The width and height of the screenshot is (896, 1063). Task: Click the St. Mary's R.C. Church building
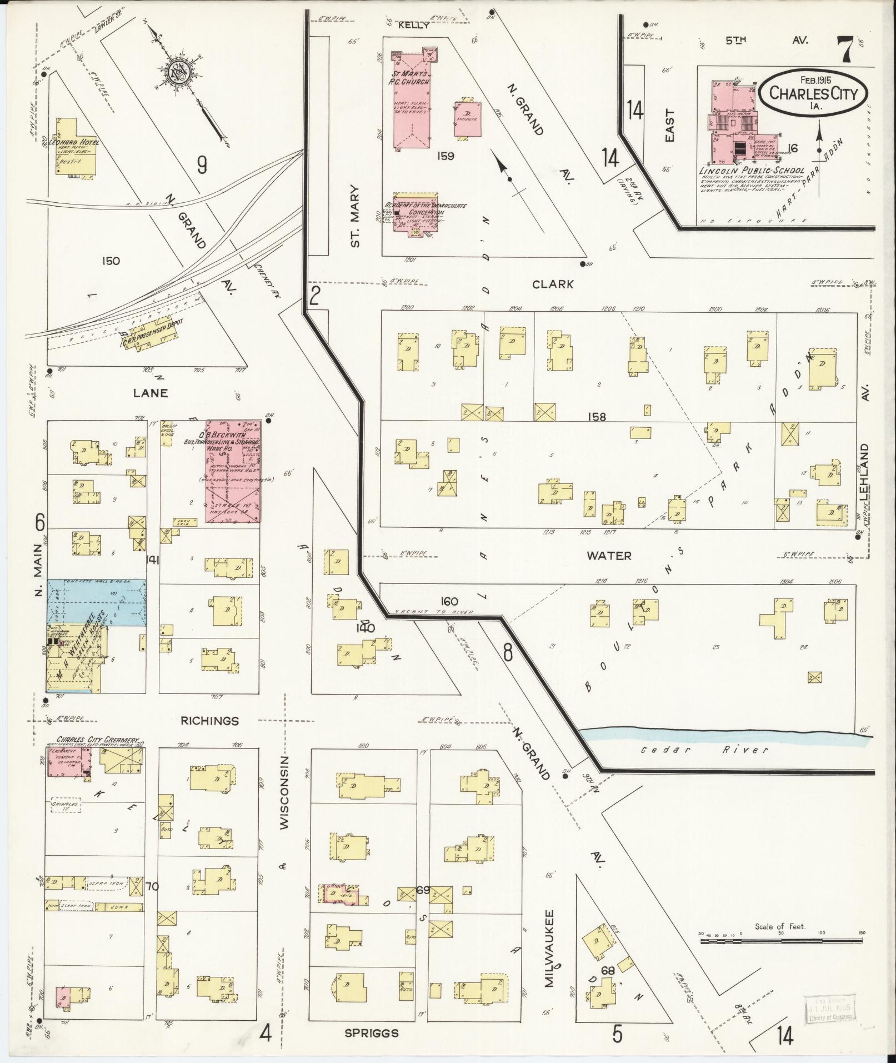pyautogui.click(x=411, y=100)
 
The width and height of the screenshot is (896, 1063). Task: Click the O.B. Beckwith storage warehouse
pyautogui.click(x=233, y=478)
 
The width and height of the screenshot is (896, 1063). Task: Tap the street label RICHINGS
pyautogui.click(x=209, y=721)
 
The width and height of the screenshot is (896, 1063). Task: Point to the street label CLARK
pyautogui.click(x=552, y=284)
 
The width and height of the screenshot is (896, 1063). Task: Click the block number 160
pyautogui.click(x=448, y=601)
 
